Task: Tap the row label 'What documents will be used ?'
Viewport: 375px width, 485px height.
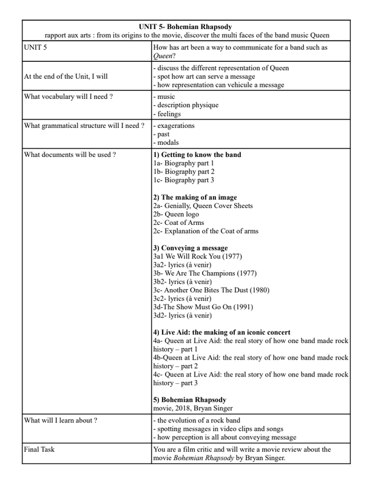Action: click(x=70, y=155)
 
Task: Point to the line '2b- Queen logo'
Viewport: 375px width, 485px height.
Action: click(x=176, y=214)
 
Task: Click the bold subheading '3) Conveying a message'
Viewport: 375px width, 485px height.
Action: click(x=191, y=248)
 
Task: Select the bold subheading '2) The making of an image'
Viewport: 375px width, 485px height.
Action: click(x=195, y=197)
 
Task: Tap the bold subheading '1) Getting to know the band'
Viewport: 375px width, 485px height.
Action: click(x=197, y=155)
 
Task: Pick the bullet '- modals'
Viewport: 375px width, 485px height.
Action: click(x=166, y=143)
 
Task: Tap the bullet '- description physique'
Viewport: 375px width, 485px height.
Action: click(x=186, y=105)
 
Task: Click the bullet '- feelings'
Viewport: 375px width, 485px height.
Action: click(x=168, y=113)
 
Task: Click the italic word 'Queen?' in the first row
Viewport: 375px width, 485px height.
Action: click(x=164, y=55)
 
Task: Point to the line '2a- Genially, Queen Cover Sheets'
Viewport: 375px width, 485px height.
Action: click(x=203, y=206)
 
